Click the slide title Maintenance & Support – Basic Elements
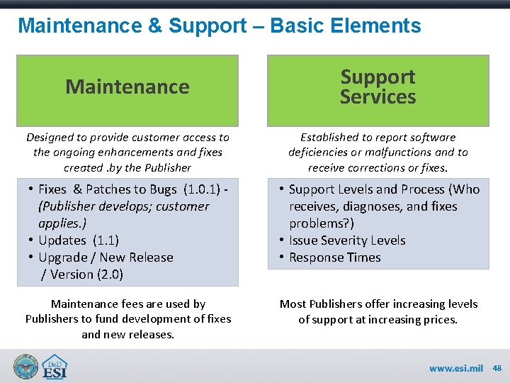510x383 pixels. [219, 26]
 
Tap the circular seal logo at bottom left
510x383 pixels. [25, 367]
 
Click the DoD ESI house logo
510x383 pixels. [54, 367]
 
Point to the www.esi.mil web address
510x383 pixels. [456, 368]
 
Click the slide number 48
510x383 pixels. [497, 368]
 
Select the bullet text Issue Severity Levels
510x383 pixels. [347, 240]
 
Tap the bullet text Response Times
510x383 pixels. [334, 257]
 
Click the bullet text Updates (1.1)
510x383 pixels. [79, 240]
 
